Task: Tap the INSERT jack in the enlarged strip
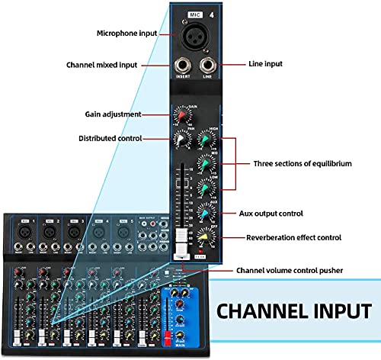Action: pos(182,67)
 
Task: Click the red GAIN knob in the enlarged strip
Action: pos(181,115)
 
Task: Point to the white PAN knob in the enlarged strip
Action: pos(181,140)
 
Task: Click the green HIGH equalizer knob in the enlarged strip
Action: pos(204,139)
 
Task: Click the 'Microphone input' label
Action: pos(128,33)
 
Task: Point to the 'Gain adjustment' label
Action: pos(114,114)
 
